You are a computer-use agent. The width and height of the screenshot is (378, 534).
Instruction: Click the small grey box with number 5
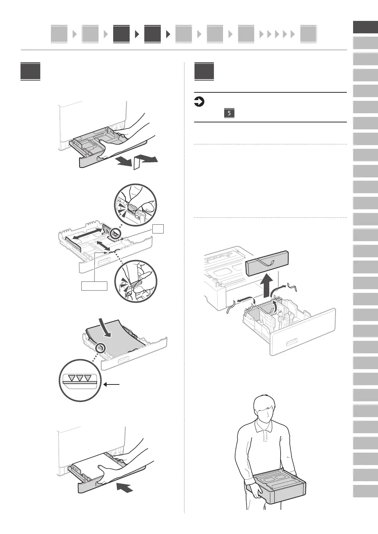(229, 113)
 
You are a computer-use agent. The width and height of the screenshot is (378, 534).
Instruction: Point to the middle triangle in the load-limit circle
(79, 379)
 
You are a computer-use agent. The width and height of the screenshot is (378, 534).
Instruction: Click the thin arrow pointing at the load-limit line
(112, 384)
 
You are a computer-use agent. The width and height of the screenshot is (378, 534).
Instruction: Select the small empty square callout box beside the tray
(158, 229)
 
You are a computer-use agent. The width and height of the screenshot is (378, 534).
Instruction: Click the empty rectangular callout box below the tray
(94, 286)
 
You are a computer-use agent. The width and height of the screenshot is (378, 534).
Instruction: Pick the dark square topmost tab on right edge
(365, 27)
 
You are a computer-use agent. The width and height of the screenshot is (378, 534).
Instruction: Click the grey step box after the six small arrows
(308, 34)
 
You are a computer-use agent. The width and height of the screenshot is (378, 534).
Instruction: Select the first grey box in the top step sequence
(59, 34)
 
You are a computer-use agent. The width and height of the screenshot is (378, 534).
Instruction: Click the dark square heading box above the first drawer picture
(30, 71)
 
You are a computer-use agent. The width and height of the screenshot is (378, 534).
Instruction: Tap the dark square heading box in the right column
(204, 71)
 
